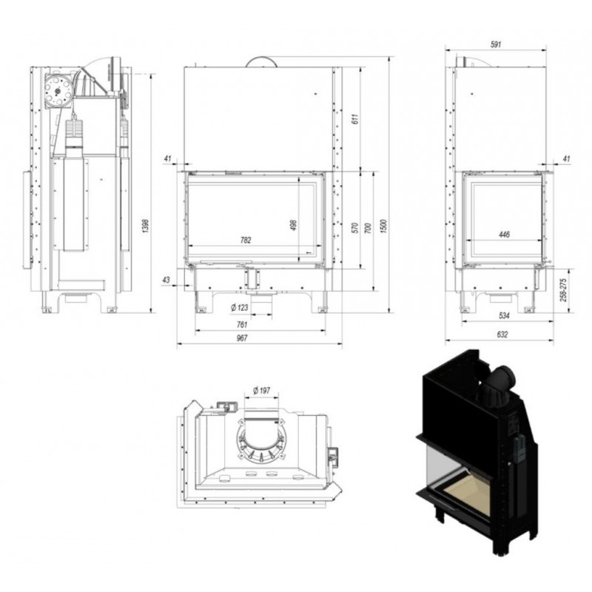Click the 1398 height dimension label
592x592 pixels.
click(146, 226)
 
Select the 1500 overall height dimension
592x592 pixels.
click(384, 226)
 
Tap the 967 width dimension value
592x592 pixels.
click(242, 338)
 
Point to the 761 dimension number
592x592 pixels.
click(242, 324)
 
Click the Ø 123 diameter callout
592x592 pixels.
click(240, 308)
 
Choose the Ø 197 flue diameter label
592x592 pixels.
click(262, 391)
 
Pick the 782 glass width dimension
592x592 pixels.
click(246, 240)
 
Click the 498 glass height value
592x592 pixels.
click(294, 225)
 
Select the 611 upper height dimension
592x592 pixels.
click(355, 118)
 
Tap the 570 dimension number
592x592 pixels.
click(355, 228)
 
